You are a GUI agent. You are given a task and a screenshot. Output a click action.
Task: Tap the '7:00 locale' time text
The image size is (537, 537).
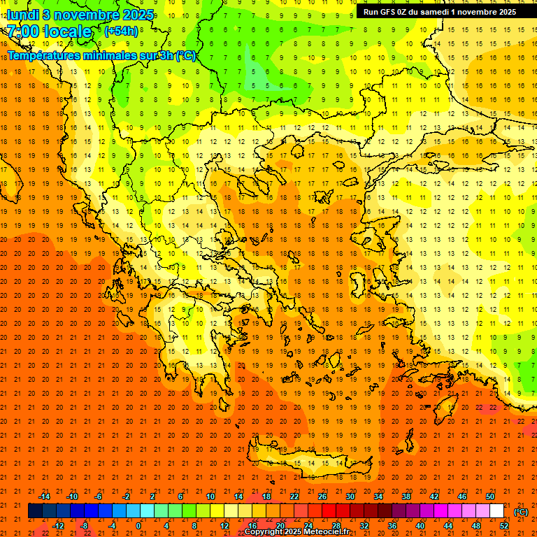click(x=49, y=31)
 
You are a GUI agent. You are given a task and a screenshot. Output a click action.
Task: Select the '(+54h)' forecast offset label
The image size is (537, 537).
click(x=121, y=31)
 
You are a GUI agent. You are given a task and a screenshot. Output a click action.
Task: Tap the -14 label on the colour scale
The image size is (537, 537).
click(x=44, y=496)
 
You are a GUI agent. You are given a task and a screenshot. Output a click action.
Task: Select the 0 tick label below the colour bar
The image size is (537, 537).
click(x=138, y=526)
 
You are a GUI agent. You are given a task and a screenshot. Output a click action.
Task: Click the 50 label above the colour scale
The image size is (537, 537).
click(x=489, y=496)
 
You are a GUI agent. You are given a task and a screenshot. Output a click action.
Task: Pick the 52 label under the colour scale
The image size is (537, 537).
click(x=503, y=526)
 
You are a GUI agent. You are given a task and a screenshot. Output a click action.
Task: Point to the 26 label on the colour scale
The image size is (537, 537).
click(x=322, y=496)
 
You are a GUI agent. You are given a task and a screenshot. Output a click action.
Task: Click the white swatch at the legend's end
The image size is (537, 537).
click(x=496, y=511)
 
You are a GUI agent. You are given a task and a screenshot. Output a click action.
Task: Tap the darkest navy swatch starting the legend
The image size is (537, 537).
click(x=35, y=511)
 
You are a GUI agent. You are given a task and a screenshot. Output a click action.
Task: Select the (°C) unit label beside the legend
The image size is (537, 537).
click(x=521, y=512)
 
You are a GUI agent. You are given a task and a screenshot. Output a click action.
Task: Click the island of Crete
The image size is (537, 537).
click(x=308, y=461)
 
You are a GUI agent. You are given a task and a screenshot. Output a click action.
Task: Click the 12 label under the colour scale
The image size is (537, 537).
click(x=224, y=526)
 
